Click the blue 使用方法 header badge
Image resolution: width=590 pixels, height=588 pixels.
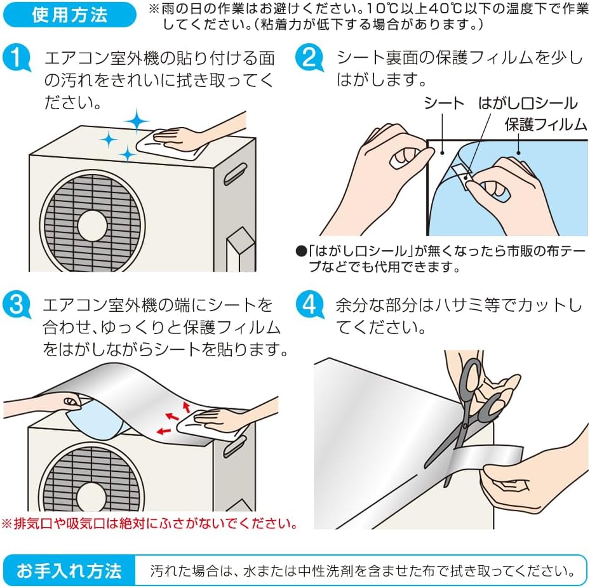69,15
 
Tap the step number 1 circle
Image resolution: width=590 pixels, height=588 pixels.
17,59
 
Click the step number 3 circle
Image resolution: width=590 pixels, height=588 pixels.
17,305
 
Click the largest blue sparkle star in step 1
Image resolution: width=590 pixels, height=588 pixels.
136,120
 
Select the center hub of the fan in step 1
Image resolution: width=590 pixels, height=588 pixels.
93,225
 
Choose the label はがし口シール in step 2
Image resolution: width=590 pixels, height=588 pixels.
526,104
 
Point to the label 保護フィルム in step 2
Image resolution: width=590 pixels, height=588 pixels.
546,124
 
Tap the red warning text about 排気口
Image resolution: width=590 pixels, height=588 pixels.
150,524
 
